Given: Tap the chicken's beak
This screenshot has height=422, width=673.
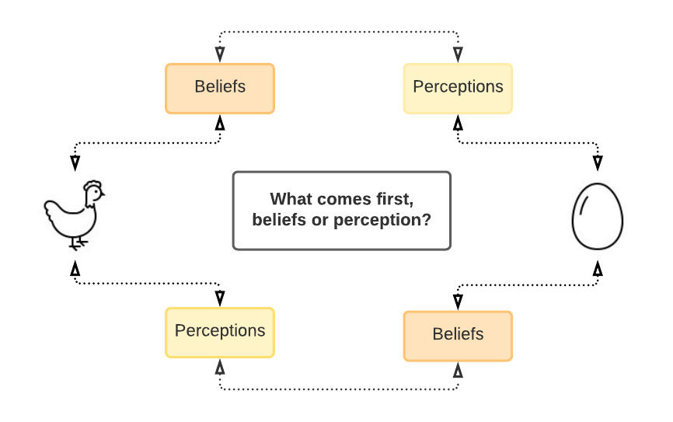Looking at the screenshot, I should [103, 194].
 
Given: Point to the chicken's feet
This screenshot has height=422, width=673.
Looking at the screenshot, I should [77, 244].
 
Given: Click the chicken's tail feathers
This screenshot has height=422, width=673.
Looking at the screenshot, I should [51, 208].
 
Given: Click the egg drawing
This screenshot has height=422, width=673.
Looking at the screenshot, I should [597, 216].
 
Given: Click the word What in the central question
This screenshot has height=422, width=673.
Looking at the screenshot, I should [291, 199].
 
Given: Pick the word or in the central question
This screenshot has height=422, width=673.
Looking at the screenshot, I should [320, 220].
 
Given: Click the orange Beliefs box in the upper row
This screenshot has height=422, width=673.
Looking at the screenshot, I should [220, 88].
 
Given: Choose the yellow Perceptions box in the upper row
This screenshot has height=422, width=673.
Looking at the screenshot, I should [458, 88].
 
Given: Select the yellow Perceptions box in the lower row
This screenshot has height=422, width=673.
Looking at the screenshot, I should [220, 332].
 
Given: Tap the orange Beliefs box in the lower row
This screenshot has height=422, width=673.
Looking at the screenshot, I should [458, 335].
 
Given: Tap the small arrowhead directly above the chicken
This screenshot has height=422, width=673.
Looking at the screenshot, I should [75, 161].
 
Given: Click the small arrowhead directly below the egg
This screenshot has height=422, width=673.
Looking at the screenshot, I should [597, 270].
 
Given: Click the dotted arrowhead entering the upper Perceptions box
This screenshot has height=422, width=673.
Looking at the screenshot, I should [458, 54].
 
